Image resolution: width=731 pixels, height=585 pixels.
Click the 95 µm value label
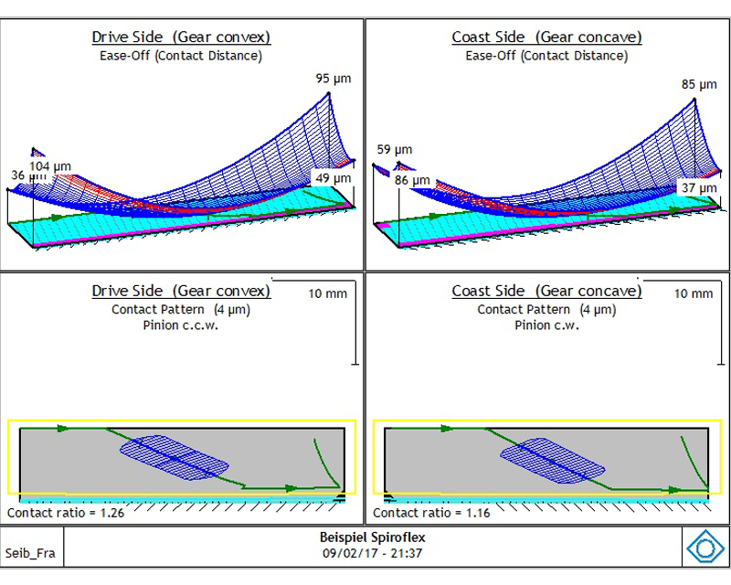point(333,79)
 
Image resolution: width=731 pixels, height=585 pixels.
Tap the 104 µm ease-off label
point(50,166)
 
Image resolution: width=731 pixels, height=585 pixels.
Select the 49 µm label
point(333,178)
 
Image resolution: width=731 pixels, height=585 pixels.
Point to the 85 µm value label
point(699,84)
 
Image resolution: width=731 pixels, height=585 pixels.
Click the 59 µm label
point(395,150)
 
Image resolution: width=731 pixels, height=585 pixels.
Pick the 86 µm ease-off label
point(412,180)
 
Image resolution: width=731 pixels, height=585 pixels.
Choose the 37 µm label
point(699,188)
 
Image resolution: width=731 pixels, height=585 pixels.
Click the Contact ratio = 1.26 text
point(66,513)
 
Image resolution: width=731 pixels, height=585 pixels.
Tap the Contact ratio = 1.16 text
point(431,513)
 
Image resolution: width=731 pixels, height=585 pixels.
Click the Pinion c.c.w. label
point(180,325)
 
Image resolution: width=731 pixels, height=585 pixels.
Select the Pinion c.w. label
point(546,325)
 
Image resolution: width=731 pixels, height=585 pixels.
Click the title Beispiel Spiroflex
point(373,537)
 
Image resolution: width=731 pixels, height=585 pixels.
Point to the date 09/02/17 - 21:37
point(373,553)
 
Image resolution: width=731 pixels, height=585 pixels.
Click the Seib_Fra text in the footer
point(30,553)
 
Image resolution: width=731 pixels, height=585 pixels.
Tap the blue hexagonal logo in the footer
point(705,548)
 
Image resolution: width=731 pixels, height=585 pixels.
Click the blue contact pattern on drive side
point(175,458)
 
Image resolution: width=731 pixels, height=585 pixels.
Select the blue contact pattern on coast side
point(553,460)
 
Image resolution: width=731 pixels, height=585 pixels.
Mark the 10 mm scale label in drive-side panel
point(327,294)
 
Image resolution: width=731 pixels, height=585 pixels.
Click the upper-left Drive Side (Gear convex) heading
point(181,37)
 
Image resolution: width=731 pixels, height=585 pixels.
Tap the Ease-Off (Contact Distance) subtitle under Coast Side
point(546,56)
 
